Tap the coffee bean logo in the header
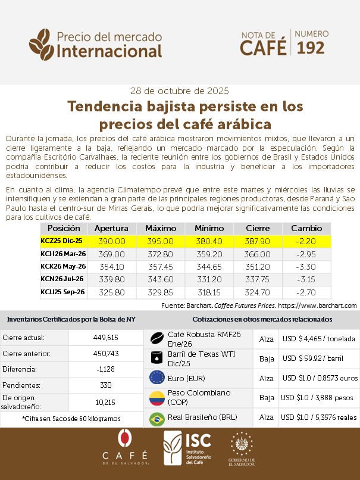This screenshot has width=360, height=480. click(42, 43)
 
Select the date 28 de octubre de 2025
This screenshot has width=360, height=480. click(179, 91)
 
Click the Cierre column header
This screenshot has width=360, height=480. click(258, 228)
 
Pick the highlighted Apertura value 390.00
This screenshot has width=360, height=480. click(112, 241)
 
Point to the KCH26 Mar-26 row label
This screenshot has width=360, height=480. click(63, 254)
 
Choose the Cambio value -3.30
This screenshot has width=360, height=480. click(306, 266)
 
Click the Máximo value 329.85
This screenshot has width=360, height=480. click(160, 292)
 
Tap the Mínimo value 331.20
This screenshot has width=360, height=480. click(209, 279)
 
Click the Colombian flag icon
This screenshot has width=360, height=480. click(157, 397)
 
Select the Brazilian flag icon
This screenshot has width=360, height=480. click(157, 418)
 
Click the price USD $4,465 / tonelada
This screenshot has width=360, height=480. click(319, 339)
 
